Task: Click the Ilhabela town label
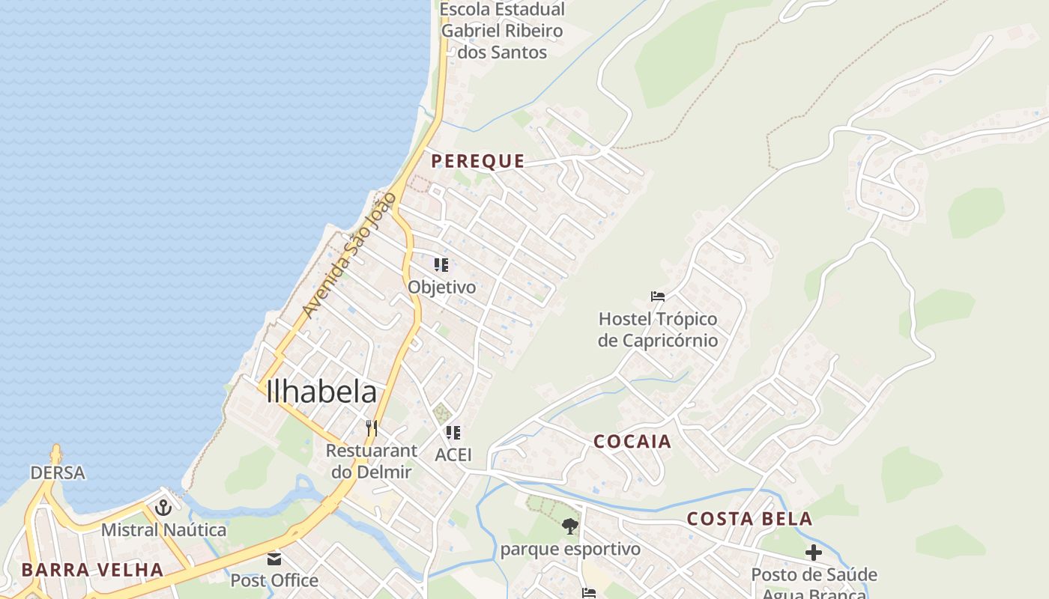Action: [321, 392]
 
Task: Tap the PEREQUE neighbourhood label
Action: [478, 161]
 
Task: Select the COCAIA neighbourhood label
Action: [632, 441]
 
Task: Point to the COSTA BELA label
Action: [749, 518]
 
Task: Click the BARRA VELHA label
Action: [92, 569]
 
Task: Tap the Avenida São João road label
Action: [348, 255]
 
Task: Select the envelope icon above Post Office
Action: [274, 559]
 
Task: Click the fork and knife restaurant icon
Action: [371, 428]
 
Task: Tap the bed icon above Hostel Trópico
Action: [658, 297]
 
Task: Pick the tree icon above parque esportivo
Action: [570, 526]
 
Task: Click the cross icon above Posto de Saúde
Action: [814, 553]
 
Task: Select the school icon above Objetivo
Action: [441, 265]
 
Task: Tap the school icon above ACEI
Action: [453, 433]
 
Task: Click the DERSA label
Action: [58, 472]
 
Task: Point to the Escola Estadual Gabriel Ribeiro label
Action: [502, 31]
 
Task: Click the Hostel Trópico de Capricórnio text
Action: [658, 329]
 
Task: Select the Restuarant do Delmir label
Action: [372, 461]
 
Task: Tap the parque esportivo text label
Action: [570, 549]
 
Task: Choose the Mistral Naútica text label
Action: [163, 530]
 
